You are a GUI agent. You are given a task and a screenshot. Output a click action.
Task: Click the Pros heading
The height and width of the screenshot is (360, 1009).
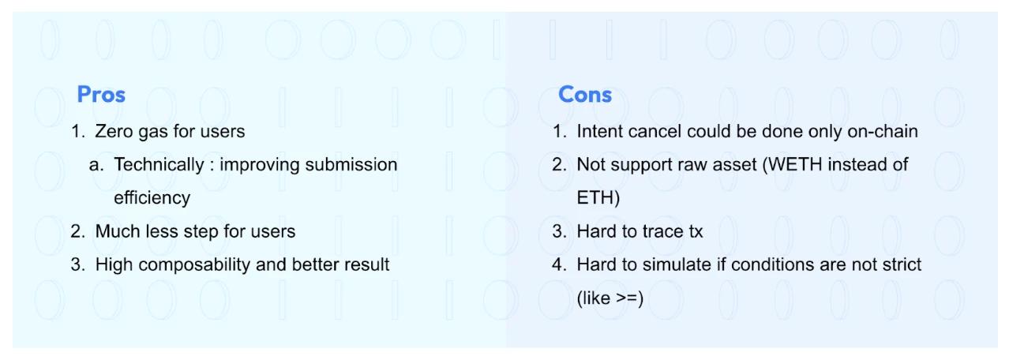pyautogui.click(x=101, y=95)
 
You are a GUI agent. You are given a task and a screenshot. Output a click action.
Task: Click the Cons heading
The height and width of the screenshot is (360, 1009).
pyautogui.click(x=584, y=95)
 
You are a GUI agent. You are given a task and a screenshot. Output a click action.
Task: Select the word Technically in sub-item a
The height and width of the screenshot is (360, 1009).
pyautogui.click(x=159, y=165)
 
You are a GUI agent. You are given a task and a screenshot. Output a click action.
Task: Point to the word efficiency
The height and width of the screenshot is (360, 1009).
pyautogui.click(x=152, y=198)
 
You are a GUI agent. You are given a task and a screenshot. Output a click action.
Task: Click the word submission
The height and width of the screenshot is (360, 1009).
pyautogui.click(x=351, y=165)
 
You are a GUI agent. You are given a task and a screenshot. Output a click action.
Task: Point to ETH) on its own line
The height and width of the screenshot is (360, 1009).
pyautogui.click(x=598, y=198)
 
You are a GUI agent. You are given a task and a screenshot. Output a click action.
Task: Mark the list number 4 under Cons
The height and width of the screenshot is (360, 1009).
pyautogui.click(x=558, y=264)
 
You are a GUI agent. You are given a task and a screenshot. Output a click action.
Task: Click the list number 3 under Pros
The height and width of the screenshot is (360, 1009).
pyautogui.click(x=77, y=264)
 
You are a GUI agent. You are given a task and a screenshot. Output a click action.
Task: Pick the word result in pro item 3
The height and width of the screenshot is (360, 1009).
pyautogui.click(x=366, y=264)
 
